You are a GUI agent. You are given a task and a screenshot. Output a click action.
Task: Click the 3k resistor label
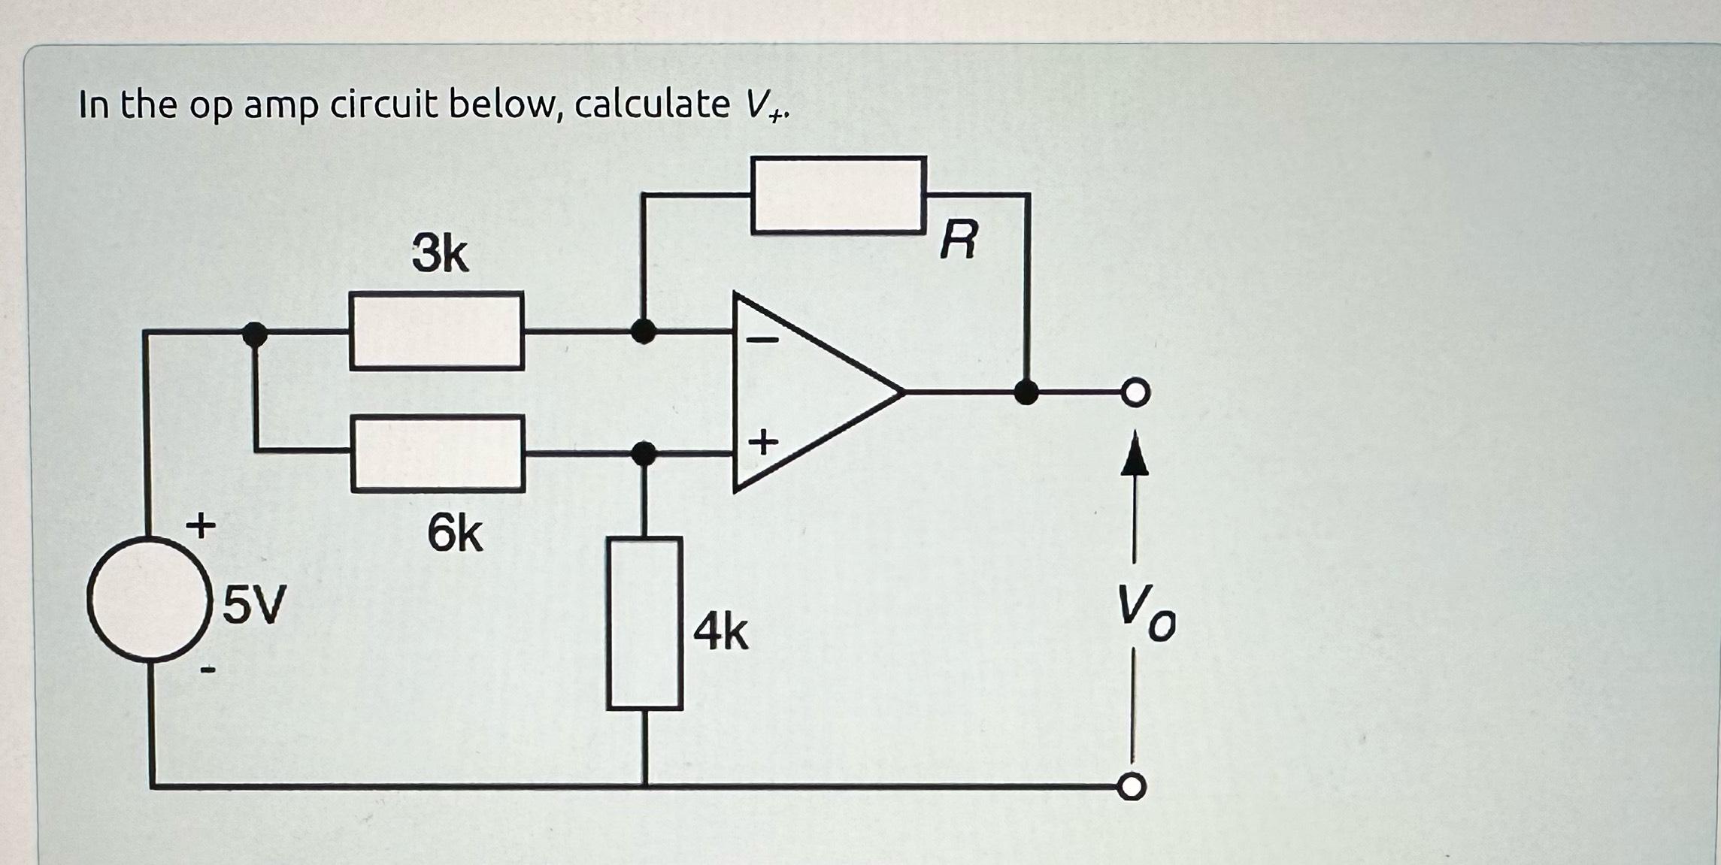[x=440, y=254]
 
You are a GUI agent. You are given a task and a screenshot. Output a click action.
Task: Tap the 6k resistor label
[x=454, y=534]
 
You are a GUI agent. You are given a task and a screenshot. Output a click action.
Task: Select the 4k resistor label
[x=720, y=632]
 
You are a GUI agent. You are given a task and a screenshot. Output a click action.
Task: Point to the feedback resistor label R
[x=960, y=240]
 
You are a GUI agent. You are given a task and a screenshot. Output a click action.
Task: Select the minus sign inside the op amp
[x=762, y=340]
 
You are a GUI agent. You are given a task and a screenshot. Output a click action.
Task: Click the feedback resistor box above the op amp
[x=838, y=195]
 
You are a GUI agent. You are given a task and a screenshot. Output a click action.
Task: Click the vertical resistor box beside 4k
[x=644, y=623]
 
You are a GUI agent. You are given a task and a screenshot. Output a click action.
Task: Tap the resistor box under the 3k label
[x=436, y=331]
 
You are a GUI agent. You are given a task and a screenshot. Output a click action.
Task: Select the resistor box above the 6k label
[x=438, y=453]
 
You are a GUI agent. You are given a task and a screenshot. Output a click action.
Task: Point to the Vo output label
[x=1145, y=613]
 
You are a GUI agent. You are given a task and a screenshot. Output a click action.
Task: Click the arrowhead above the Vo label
[x=1135, y=455]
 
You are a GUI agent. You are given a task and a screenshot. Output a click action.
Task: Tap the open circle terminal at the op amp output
[x=1135, y=392]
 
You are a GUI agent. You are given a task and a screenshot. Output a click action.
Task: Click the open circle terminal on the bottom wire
[x=1132, y=787]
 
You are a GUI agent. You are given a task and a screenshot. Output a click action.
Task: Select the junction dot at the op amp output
[x=1026, y=392]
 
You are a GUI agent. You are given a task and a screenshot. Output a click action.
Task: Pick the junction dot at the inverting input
[x=643, y=330]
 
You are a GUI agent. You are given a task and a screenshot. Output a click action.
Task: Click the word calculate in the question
[x=652, y=104]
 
